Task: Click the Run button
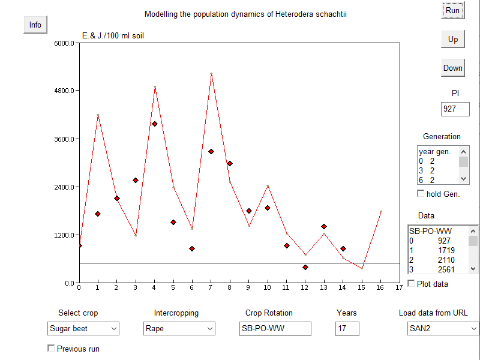point(452,11)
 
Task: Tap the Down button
point(452,68)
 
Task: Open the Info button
point(35,25)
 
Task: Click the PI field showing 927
point(455,109)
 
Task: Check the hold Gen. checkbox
point(421,193)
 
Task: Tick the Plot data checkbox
point(411,283)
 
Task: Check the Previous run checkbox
point(51,348)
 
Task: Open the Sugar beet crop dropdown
point(83,329)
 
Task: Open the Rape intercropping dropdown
point(179,329)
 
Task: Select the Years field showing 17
point(347,329)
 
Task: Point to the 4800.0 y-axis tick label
point(63,91)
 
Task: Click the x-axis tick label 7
point(211,287)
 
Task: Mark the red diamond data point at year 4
point(154,124)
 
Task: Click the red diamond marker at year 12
point(305,267)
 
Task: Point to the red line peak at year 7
point(211,74)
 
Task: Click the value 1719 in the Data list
point(446,250)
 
